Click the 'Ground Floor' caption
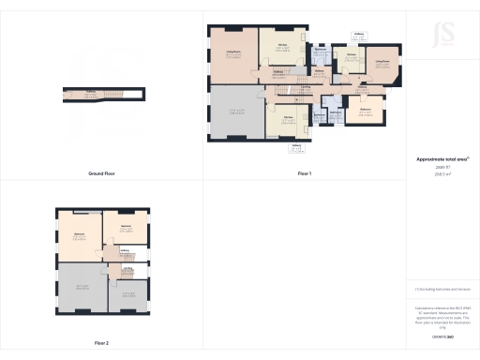tap(101, 173)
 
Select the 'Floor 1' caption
tap(304, 173)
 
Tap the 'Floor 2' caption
tap(101, 344)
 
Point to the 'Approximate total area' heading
tap(442, 159)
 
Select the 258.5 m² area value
tap(442, 173)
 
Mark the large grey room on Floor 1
tap(237, 113)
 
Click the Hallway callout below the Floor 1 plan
tap(296, 147)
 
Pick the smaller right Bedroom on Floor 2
tap(126, 228)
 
